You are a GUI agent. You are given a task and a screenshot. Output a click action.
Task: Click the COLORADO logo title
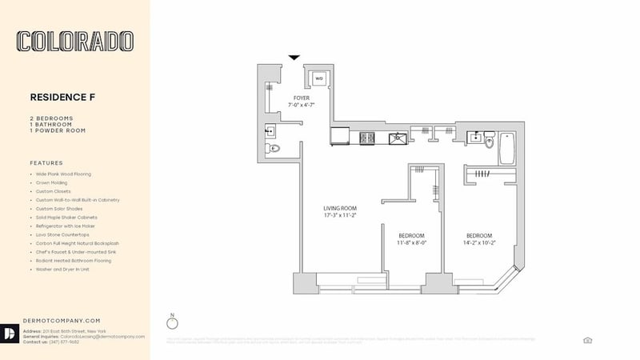click(x=76, y=42)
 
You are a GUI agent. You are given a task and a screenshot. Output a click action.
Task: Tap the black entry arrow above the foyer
click(x=294, y=58)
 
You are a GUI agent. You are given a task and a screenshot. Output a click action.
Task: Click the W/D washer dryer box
click(x=318, y=78)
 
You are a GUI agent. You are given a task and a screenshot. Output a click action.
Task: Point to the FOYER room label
click(x=301, y=98)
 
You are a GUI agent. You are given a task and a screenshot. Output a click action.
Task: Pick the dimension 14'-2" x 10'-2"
click(x=483, y=242)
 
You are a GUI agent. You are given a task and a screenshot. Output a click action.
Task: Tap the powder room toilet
click(x=274, y=148)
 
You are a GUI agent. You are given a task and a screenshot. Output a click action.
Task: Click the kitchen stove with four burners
click(x=367, y=138)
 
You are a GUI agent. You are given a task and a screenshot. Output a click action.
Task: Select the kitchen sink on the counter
click(x=397, y=138)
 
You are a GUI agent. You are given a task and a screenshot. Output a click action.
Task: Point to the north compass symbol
click(x=171, y=323)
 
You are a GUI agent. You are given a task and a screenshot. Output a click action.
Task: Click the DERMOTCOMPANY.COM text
click(x=62, y=320)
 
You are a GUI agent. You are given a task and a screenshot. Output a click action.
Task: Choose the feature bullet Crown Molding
click(x=50, y=182)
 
